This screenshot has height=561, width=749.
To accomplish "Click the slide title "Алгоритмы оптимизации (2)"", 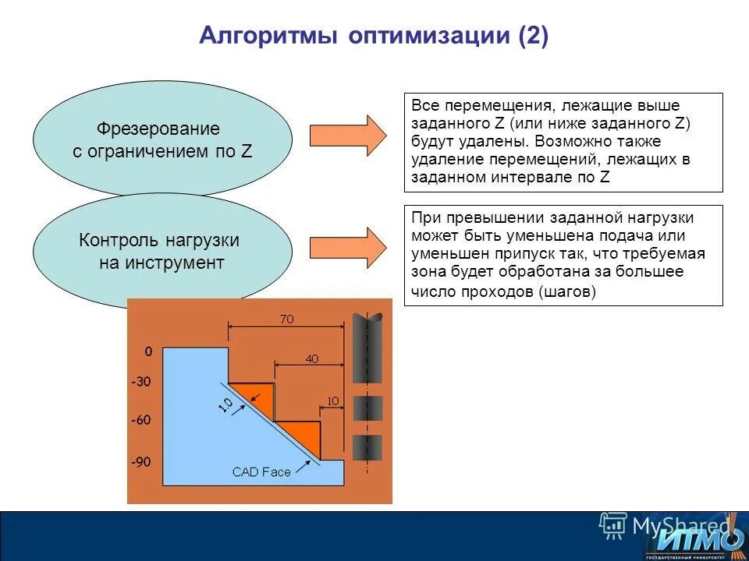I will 374,36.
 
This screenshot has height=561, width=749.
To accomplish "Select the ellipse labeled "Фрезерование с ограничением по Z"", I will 162,139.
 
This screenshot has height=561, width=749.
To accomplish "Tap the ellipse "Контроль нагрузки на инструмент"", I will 162,251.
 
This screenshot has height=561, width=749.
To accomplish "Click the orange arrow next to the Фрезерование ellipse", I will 348,136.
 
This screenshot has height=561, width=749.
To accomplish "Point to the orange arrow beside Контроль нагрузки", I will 348,248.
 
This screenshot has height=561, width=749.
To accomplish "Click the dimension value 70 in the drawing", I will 286,319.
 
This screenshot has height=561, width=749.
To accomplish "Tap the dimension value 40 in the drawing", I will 312,359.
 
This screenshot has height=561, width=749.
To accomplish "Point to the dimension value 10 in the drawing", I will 332,401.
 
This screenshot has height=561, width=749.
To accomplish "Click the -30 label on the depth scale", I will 141,383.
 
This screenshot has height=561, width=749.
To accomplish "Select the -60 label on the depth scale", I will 141,421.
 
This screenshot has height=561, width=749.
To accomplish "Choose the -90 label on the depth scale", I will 141,462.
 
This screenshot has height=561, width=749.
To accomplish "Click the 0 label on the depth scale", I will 148,352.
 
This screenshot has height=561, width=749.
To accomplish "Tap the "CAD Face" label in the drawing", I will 261,472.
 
